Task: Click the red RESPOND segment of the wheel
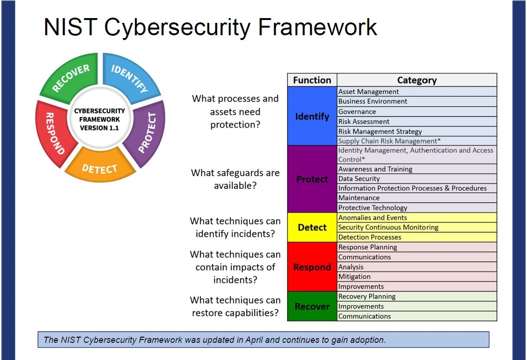52,133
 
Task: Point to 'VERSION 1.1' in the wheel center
99,128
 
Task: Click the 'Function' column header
312,80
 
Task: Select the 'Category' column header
417,80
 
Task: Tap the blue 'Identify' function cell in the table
312,116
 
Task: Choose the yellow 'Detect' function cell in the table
312,228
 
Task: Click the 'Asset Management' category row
368,91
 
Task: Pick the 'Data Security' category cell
359,179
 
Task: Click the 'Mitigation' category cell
354,277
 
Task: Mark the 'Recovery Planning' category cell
367,296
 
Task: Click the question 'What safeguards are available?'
235,179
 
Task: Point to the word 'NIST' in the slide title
70,27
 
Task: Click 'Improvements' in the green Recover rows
361,306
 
